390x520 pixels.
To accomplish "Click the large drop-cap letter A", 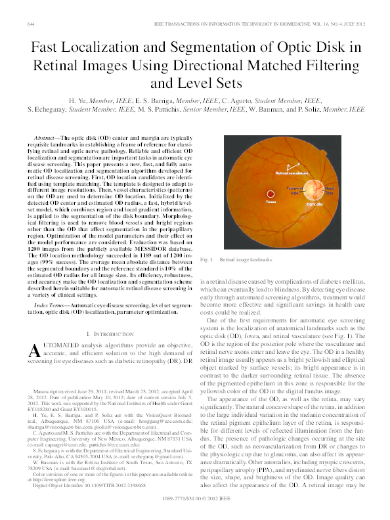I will [36, 351].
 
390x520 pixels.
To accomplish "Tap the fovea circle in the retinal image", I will [270, 194].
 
